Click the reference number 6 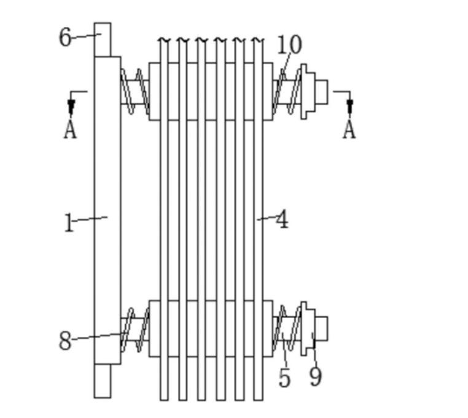tap(65, 37)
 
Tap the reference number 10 tap(289, 45)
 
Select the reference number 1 tap(69, 223)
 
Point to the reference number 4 tap(282, 219)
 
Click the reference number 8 tap(65, 341)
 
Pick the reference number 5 tap(284, 377)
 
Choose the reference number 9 tap(316, 377)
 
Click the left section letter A tap(70, 129)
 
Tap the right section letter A tap(349, 129)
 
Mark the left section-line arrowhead tap(71, 107)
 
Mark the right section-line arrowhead tap(350, 107)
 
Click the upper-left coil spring tap(135, 91)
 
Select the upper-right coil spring tap(287, 91)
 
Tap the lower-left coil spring tap(135, 330)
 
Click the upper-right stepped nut tap(314, 91)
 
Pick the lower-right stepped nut tap(314, 328)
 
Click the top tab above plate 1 tap(103, 39)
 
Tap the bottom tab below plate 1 tap(103, 381)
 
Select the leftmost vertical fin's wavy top tap(164, 40)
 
